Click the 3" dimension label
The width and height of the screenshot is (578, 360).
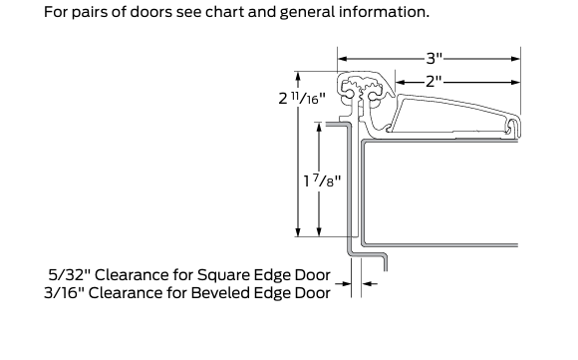[x=434, y=58]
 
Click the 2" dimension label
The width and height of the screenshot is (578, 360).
[x=433, y=82]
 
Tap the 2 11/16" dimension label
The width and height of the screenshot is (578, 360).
[x=302, y=98]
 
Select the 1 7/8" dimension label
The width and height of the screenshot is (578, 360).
[x=322, y=180]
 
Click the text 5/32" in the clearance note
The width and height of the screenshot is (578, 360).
[x=70, y=275]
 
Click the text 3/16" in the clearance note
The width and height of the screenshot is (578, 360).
[x=65, y=293]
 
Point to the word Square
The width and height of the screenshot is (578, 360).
[x=219, y=276]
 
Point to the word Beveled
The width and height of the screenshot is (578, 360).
[x=215, y=293]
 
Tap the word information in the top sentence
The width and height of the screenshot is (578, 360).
[x=384, y=12]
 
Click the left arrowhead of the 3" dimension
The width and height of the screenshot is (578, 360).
[x=343, y=59]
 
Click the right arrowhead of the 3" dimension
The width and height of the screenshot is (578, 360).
[x=515, y=59]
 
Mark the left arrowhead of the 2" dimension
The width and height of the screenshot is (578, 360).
[x=401, y=82]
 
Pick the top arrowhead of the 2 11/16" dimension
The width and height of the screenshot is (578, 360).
[x=298, y=77]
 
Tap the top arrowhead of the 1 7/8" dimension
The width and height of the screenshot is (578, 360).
[x=319, y=128]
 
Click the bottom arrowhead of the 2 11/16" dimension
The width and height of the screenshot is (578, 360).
[x=298, y=231]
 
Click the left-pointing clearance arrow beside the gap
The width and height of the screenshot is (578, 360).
[x=370, y=283]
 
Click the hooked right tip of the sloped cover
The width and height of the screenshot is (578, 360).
[x=514, y=127]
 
